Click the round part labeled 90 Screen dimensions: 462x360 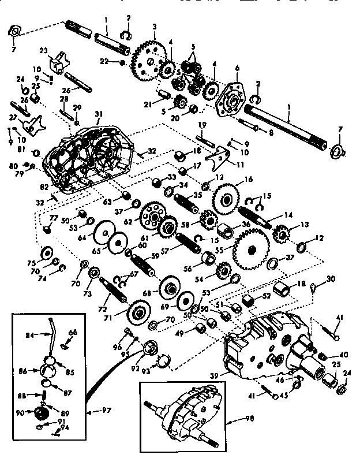[x=40, y=414]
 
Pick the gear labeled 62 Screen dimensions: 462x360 [x=152, y=215]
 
